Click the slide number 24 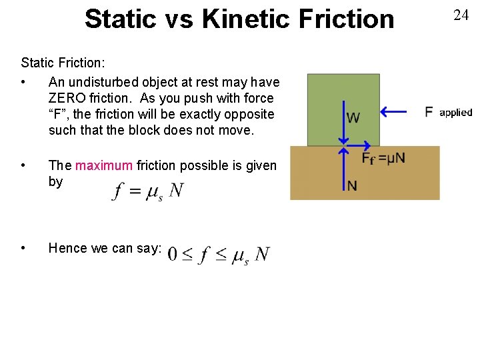coord(461,15)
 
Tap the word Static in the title coord(117,19)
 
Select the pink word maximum coord(104,165)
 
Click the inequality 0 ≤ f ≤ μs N coord(219,255)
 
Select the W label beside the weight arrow coord(353,118)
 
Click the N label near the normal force coord(351,186)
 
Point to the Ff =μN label coord(383,159)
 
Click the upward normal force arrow coord(343,170)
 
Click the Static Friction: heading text coord(64,63)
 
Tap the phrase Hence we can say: coord(105,248)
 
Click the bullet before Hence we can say coord(24,248)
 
